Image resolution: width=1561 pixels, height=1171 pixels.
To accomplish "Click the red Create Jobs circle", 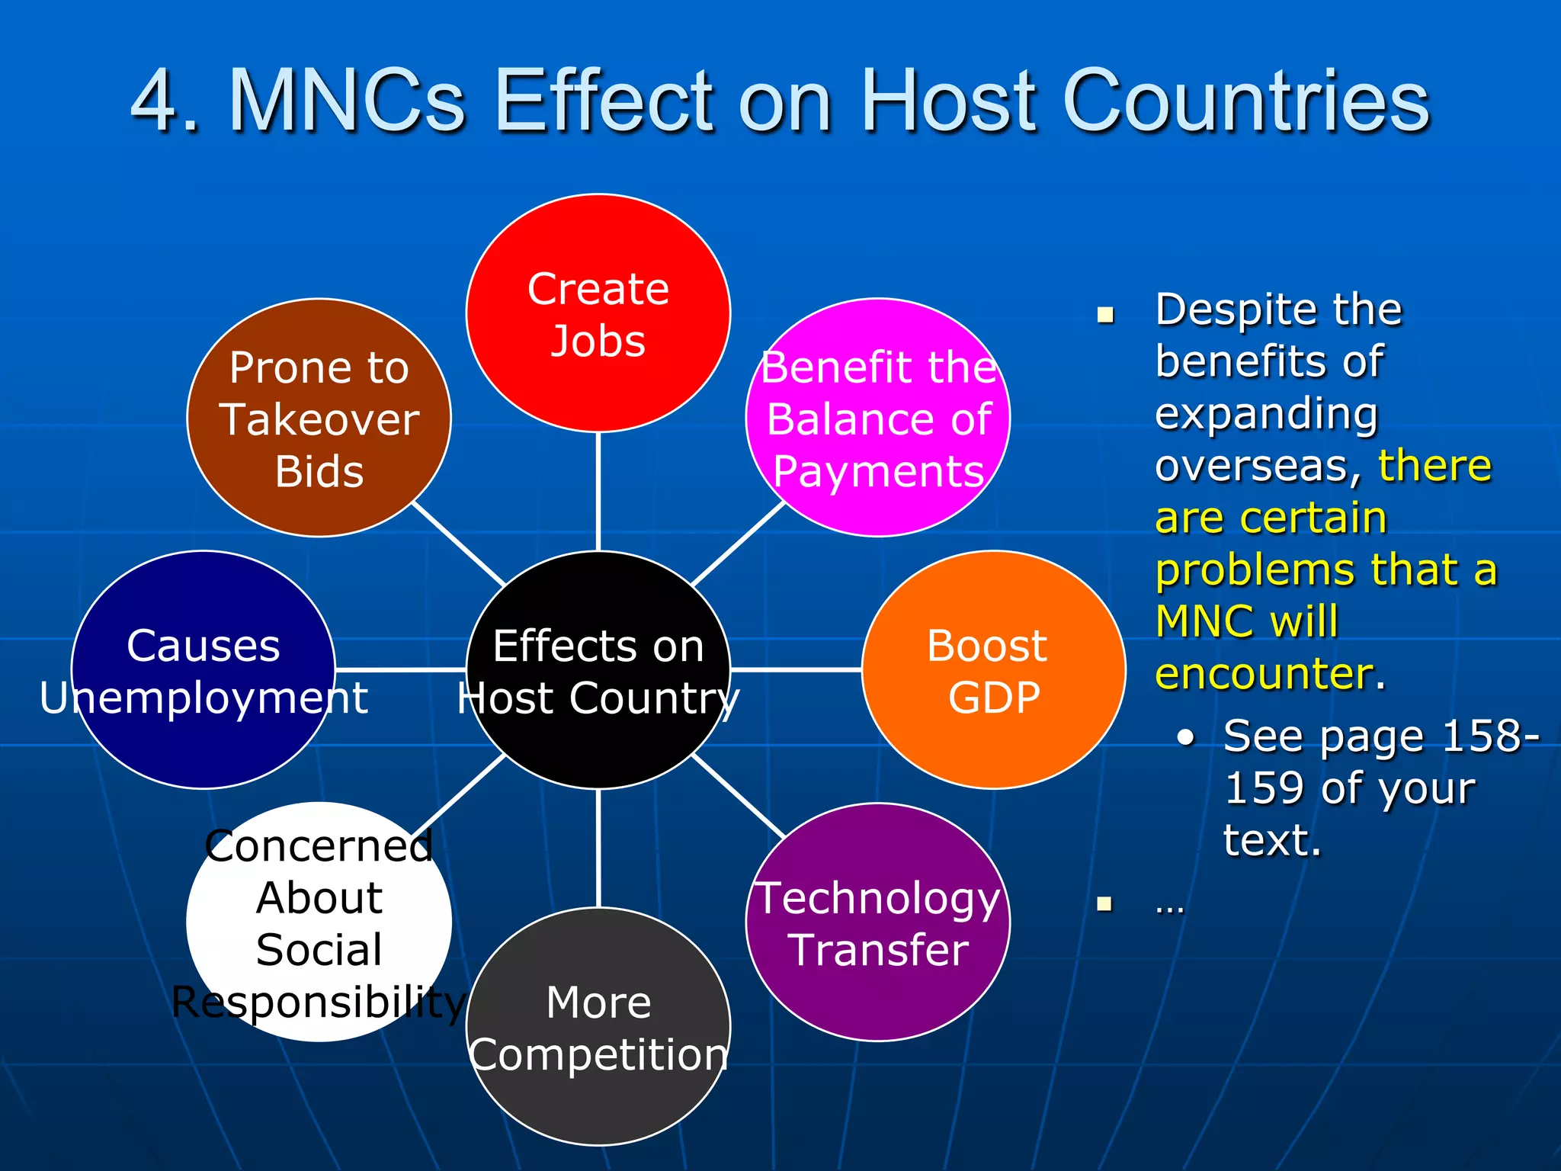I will coord(598,313).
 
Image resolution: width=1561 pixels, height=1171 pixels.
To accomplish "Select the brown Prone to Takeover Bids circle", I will coord(319,418).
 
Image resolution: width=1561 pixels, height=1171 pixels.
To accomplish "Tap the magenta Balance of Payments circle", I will coord(878,418).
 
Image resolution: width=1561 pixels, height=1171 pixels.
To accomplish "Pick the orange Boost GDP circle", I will coord(993,669).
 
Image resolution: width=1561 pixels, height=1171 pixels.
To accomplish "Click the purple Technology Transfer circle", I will coord(878,922).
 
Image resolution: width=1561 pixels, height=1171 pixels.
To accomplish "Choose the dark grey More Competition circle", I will coord(598,1026).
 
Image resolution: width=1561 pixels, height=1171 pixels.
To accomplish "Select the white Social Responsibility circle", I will coord(319,922).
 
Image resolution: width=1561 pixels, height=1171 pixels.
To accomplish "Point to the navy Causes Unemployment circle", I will coord(204,669).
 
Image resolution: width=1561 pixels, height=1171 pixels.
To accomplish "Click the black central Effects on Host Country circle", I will coord(598,669).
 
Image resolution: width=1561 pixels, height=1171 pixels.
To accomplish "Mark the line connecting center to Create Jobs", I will coord(598,492).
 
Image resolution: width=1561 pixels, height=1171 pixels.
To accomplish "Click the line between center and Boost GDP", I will coord(797,669).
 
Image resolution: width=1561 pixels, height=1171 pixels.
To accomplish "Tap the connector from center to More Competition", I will coord(598,848).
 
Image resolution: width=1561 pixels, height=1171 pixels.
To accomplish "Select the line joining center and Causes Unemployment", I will coord(400,669).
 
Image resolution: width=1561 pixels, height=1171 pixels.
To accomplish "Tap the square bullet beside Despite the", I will coord(1105,315).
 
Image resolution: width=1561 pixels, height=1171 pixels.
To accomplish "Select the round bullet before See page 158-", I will coord(1185,737).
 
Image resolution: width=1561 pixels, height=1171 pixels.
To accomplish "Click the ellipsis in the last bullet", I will coord(1169,906).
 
